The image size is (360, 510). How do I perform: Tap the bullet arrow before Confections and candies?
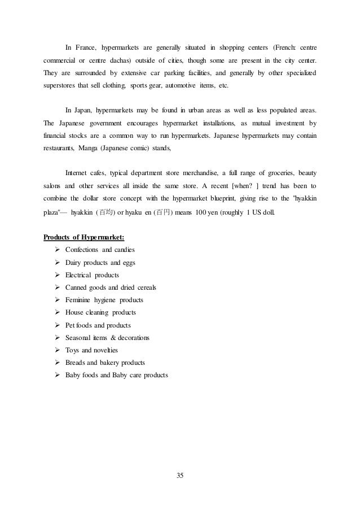point(58,250)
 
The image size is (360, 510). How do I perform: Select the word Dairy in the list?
point(73,262)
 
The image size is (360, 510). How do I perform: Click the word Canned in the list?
point(76,287)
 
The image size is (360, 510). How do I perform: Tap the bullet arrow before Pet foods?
point(58,325)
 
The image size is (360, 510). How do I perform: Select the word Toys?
point(72,350)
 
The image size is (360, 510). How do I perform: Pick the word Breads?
point(76,363)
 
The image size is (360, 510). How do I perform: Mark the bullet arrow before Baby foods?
point(58,375)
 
